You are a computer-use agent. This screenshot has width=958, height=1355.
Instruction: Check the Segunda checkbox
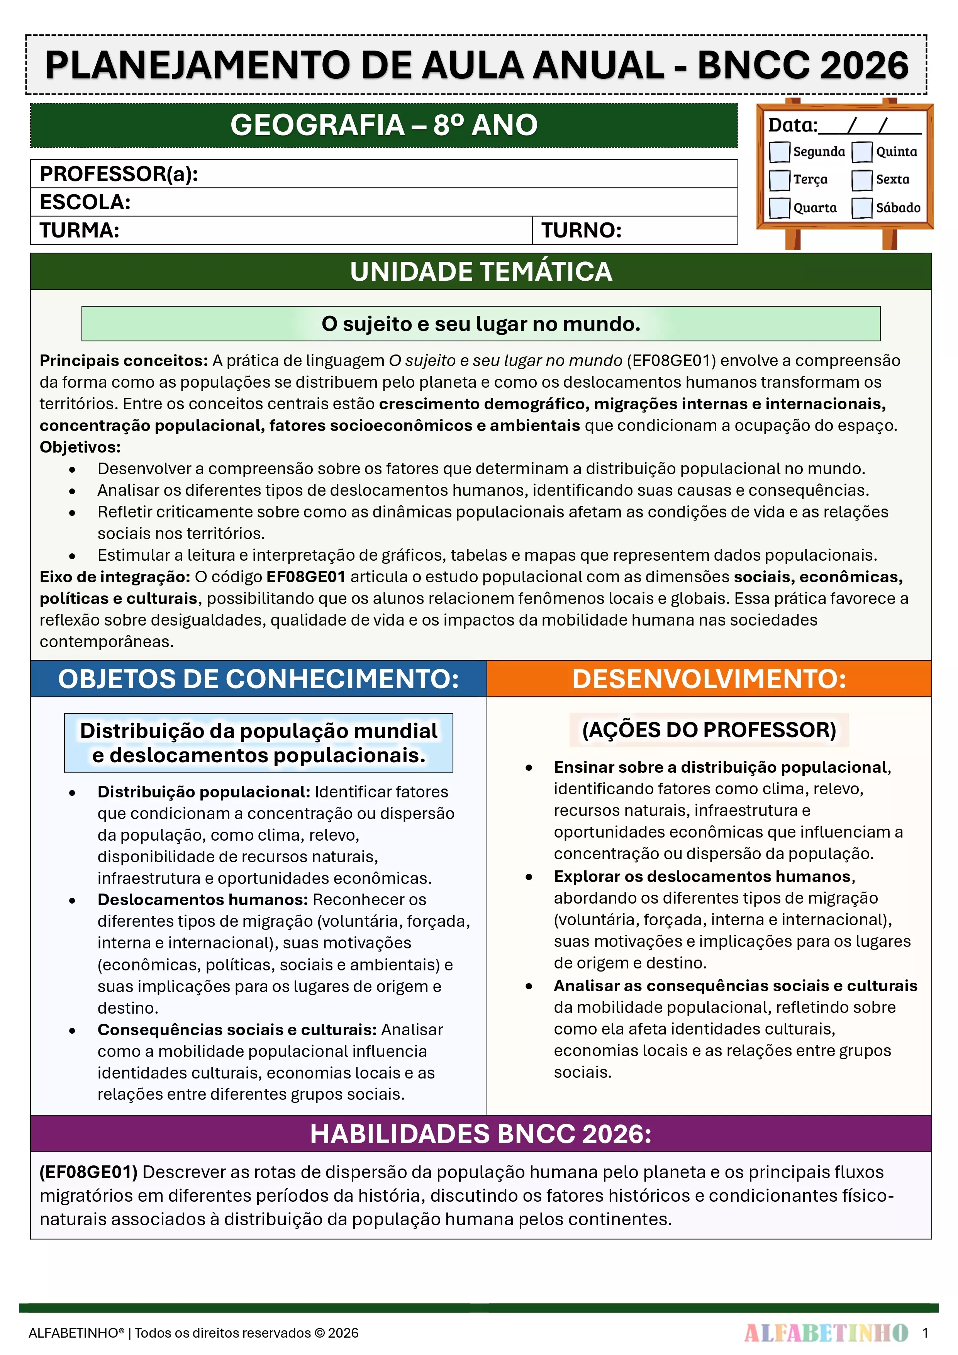click(779, 152)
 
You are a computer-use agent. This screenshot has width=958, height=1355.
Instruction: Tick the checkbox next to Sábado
click(862, 208)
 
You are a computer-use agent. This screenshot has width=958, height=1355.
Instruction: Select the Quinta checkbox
click(862, 152)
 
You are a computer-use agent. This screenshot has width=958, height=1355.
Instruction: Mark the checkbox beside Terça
click(779, 180)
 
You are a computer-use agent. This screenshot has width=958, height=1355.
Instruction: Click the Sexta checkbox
click(862, 180)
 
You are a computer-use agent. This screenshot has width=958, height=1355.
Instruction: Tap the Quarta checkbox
click(779, 208)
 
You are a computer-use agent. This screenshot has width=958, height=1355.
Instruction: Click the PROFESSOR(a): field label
click(119, 174)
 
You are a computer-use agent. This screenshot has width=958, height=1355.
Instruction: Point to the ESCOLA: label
click(85, 202)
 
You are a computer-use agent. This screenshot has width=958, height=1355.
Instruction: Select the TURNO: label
click(582, 230)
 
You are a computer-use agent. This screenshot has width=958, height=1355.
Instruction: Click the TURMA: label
click(80, 230)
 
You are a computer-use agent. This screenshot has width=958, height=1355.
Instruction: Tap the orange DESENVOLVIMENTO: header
click(709, 679)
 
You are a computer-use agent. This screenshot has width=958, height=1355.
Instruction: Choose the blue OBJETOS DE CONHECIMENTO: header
click(259, 679)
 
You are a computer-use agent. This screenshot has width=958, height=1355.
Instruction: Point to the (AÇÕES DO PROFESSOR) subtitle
click(709, 730)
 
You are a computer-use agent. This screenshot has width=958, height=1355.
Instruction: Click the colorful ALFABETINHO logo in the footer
click(826, 1333)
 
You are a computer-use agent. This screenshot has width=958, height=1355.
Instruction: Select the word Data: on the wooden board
click(792, 125)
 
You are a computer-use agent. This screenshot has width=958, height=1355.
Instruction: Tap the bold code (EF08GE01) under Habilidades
click(88, 1172)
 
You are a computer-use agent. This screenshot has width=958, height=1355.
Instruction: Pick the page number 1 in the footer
click(925, 1333)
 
